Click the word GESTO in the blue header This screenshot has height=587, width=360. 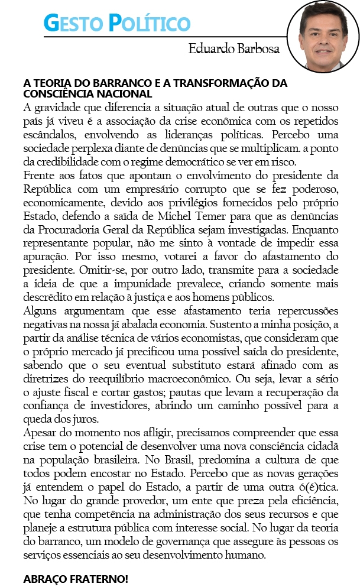coord(73,23)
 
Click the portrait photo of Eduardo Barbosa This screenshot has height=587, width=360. coord(322,37)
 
